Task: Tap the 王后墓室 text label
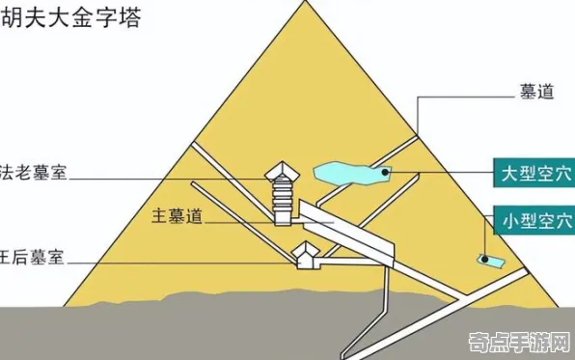tap(35, 259)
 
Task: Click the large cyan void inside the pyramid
tap(351, 174)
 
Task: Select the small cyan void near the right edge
tap(488, 260)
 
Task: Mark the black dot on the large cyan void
tap(385, 174)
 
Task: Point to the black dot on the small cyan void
tap(481, 258)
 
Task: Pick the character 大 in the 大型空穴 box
tap(507, 174)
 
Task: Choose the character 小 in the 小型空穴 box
tap(507, 220)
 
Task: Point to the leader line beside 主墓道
tap(241, 220)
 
